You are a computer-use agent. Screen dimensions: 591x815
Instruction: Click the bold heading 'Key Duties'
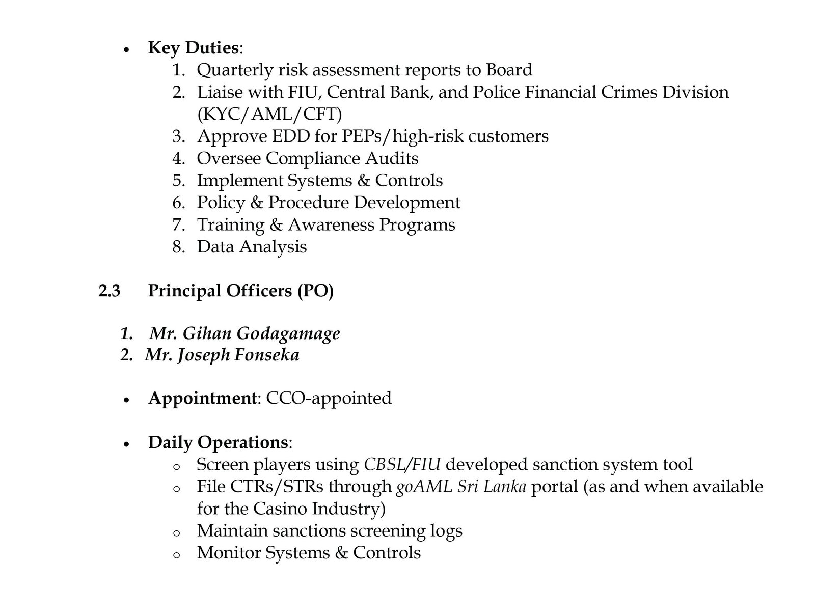point(193,48)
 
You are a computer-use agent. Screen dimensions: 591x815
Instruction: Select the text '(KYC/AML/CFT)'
point(269,114)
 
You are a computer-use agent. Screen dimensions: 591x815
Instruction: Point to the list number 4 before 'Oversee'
point(177,158)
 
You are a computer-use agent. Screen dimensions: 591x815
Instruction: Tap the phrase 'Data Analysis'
point(252,247)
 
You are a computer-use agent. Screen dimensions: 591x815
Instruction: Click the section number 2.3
point(110,291)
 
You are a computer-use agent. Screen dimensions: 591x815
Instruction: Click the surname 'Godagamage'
point(288,333)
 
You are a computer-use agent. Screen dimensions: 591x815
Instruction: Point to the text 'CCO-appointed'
point(329,398)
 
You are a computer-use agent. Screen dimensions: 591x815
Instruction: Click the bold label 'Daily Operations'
point(218,442)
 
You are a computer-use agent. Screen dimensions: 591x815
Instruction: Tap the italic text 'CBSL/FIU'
point(402,465)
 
